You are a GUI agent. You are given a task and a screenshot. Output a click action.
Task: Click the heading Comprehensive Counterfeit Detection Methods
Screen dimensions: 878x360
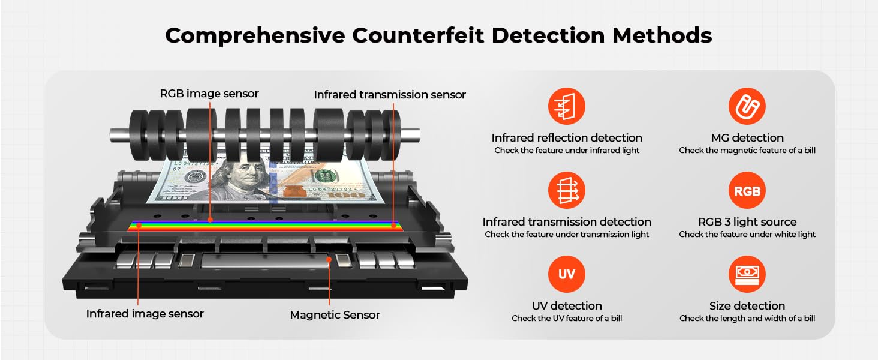(438, 35)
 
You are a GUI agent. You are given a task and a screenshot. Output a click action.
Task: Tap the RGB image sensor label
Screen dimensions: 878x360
(209, 94)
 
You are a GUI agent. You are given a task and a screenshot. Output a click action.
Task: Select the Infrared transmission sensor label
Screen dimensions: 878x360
(390, 95)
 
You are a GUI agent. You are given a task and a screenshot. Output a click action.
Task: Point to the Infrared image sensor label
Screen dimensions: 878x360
(145, 313)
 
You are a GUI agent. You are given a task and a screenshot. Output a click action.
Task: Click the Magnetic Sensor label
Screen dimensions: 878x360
(335, 314)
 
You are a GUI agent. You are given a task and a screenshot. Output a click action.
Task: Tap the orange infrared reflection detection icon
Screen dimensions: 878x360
(566, 107)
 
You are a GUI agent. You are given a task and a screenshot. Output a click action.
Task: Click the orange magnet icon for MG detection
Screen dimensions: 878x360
(747, 107)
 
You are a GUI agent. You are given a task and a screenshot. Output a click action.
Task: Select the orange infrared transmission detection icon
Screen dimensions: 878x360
(566, 191)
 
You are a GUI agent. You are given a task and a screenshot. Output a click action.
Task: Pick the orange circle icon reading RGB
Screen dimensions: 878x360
(747, 191)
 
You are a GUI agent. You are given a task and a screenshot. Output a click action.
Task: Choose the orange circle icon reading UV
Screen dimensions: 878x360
(566, 275)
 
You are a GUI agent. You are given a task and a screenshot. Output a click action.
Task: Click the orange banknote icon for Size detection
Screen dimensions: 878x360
(747, 275)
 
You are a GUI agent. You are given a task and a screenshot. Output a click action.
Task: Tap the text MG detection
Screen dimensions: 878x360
(747, 138)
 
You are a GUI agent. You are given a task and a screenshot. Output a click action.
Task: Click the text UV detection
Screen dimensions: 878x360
(566, 306)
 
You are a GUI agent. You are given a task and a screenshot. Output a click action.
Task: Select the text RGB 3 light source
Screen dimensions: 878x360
(747, 222)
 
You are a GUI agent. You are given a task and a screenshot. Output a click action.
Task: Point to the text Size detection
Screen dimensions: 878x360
(747, 306)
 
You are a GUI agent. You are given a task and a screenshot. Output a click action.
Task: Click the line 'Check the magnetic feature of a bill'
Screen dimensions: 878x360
(747, 151)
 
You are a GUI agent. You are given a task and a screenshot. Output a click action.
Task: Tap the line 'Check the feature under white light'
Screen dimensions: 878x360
(747, 235)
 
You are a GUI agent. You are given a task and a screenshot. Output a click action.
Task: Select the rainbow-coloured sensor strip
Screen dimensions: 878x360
(264, 226)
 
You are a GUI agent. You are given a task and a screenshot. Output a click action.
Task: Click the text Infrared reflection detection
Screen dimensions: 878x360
(566, 138)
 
